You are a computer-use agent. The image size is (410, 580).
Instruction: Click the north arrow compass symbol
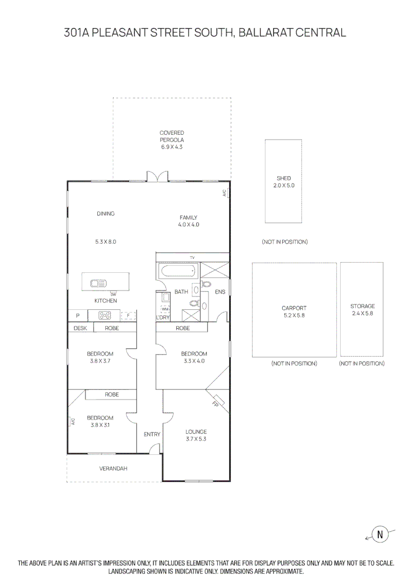coord(380,534)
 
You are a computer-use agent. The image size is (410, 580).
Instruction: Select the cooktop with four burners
coord(105,316)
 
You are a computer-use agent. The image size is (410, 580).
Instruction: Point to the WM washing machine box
coord(165,309)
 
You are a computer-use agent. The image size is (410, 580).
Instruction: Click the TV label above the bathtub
coord(192,258)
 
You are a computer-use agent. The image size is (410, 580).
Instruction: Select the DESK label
coord(80,328)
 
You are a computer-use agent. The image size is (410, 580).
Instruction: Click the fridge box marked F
coord(128,316)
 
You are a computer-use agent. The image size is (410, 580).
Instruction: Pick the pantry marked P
coord(77,316)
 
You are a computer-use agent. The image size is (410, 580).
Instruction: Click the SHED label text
coord(283,178)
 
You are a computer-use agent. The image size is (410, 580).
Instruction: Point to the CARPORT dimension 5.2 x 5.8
coord(294,316)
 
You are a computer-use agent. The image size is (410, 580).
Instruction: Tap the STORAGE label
coord(362,306)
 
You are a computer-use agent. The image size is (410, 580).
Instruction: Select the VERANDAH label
coord(113,469)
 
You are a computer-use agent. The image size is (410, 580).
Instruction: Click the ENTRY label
coord(152,434)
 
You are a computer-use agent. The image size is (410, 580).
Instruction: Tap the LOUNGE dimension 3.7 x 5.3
coord(196,439)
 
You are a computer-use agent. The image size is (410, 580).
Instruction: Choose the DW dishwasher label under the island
coord(113,294)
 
